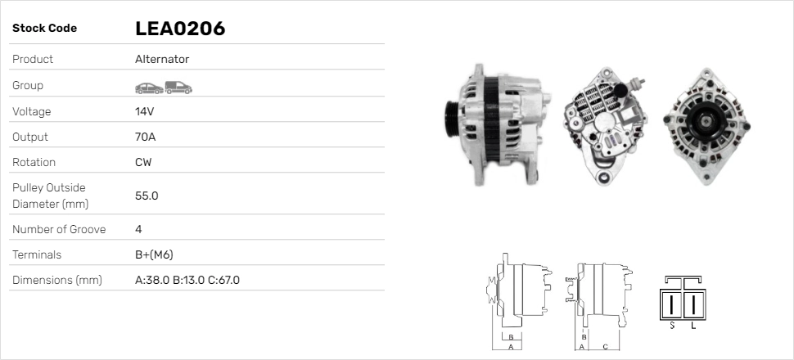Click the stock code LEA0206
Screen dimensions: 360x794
pyautogui.click(x=179, y=29)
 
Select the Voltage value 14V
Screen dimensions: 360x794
pyautogui.click(x=145, y=111)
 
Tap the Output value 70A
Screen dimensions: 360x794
pyautogui.click(x=146, y=137)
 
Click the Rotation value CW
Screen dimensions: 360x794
pyautogui.click(x=143, y=162)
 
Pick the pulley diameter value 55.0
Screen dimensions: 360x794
pyautogui.click(x=147, y=196)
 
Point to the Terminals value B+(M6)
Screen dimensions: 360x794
pyautogui.click(x=154, y=254)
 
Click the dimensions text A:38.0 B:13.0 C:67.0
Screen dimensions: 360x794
pyautogui.click(x=187, y=280)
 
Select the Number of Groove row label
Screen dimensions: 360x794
pyautogui.click(x=59, y=229)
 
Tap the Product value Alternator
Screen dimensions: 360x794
pyautogui.click(x=162, y=59)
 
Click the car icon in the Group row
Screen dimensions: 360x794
pyautogui.click(x=148, y=87)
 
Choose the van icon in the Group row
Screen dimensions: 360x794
pyautogui.click(x=178, y=87)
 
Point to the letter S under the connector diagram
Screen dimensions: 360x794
pyautogui.click(x=672, y=326)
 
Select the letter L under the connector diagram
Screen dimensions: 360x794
pyautogui.click(x=693, y=326)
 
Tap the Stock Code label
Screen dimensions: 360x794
pyautogui.click(x=44, y=29)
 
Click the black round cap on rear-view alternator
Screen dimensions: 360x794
pyautogui.click(x=620, y=89)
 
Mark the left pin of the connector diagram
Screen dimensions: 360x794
pyautogui.click(x=672, y=304)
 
